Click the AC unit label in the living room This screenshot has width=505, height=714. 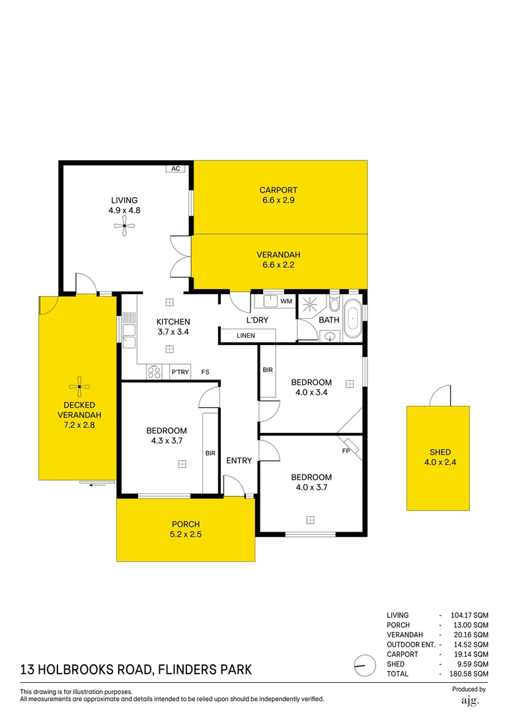pyautogui.click(x=176, y=169)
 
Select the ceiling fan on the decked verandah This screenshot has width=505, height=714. pyautogui.click(x=79, y=386)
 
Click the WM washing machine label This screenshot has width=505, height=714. pyautogui.click(x=286, y=301)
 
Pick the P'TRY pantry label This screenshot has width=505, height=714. pyautogui.click(x=180, y=372)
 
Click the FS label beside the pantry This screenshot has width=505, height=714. pyautogui.click(x=206, y=372)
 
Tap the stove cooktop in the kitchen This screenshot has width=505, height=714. pyautogui.click(x=154, y=372)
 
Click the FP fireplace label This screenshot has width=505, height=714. pyautogui.click(x=345, y=452)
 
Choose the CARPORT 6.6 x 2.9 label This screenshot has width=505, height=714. pyautogui.click(x=278, y=195)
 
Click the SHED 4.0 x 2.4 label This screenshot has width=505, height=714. pyautogui.click(x=438, y=457)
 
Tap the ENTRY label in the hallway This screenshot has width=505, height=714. pyautogui.click(x=239, y=460)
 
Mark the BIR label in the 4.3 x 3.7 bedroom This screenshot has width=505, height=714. pyautogui.click(x=210, y=454)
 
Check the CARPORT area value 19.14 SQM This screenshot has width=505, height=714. pyautogui.click(x=469, y=654)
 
